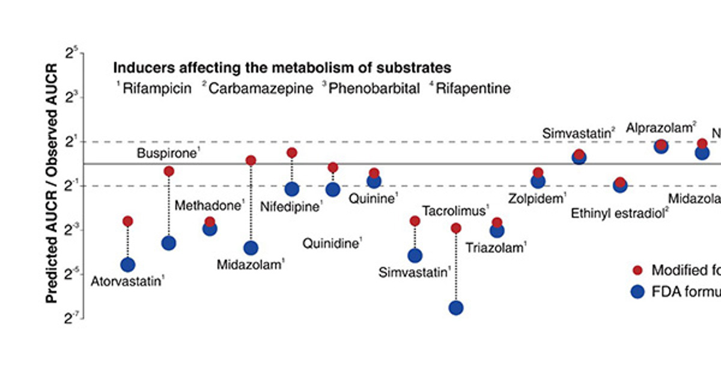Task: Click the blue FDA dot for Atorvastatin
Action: coord(127,265)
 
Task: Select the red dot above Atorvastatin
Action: coord(127,221)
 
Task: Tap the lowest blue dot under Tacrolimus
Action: coord(456,308)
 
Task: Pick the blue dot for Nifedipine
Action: coord(292,190)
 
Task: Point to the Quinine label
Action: coord(373,199)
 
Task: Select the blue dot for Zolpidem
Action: coord(538,181)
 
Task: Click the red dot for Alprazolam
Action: coord(661,145)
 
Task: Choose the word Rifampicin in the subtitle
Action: coord(157,89)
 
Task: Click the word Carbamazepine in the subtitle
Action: coord(261,89)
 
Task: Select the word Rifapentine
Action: coord(473,89)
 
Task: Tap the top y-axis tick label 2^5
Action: coord(73,55)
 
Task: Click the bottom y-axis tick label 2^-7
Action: coord(71,319)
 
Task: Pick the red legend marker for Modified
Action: coord(639,270)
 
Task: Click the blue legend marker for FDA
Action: coord(639,292)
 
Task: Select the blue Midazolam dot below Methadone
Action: coord(251,248)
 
